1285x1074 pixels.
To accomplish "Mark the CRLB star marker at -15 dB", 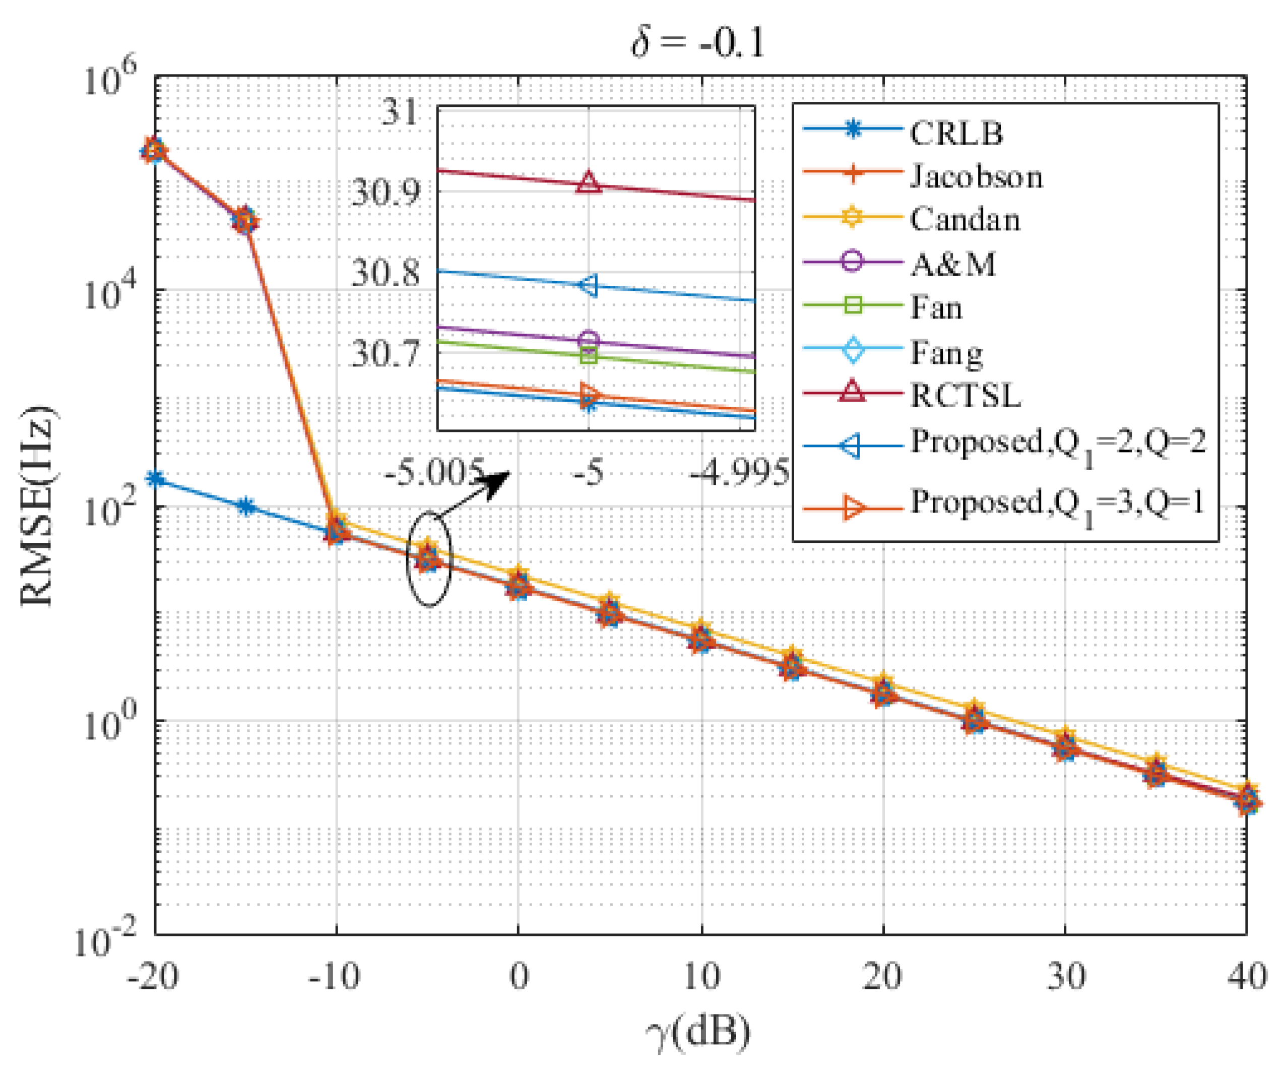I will pos(246,506).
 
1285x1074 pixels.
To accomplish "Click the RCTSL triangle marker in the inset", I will pos(588,182).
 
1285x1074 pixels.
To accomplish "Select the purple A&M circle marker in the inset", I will pos(588,340).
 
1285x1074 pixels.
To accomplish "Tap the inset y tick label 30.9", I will pos(386,193).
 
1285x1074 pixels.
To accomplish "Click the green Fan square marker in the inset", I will pos(588,355).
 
